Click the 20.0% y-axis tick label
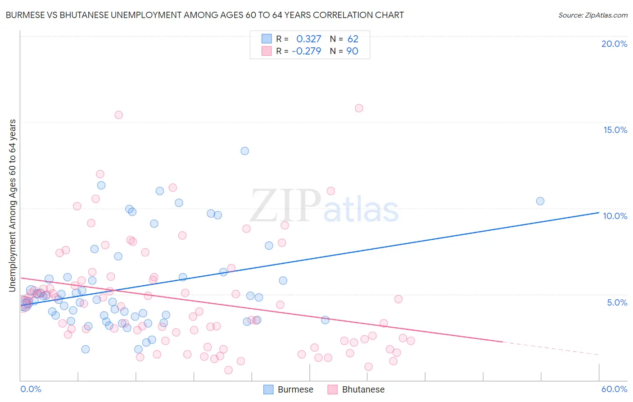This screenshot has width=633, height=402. tap(614, 44)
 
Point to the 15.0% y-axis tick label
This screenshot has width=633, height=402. tap(615, 130)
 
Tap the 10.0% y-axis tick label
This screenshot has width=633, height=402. tap(615, 216)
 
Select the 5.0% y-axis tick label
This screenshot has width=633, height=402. tap(617, 302)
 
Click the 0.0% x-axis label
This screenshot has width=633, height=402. tap(31, 389)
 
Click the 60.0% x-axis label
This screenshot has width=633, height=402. tap(614, 389)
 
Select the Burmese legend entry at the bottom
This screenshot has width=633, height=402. tap(288, 389)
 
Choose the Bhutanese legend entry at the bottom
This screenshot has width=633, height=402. tap(356, 389)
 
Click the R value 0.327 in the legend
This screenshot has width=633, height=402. tap(308, 39)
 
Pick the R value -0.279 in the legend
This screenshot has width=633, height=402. tap(306, 51)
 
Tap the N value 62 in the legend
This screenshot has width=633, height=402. tap(353, 39)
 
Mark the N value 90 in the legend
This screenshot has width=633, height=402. tap(352, 51)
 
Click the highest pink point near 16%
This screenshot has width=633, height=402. tap(359, 108)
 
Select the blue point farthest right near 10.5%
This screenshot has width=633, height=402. tap(540, 201)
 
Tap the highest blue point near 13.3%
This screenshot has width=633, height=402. tap(244, 151)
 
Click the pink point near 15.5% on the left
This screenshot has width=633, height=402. tap(118, 115)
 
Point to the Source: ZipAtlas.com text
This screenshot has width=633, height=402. tap(592, 15)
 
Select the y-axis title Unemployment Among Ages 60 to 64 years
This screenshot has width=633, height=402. tap(13, 206)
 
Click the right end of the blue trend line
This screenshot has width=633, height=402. tap(598, 212)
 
